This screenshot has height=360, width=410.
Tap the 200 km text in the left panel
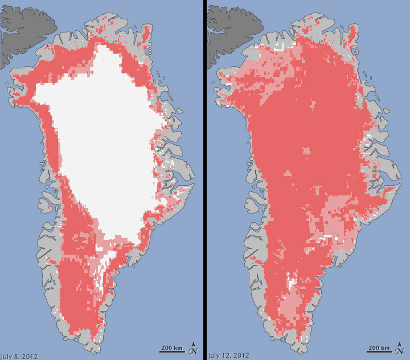[171, 347]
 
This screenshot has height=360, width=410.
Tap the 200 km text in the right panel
[378, 347]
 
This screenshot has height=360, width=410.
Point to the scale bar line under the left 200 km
[171, 352]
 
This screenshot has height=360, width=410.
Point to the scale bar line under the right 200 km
[378, 352]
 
